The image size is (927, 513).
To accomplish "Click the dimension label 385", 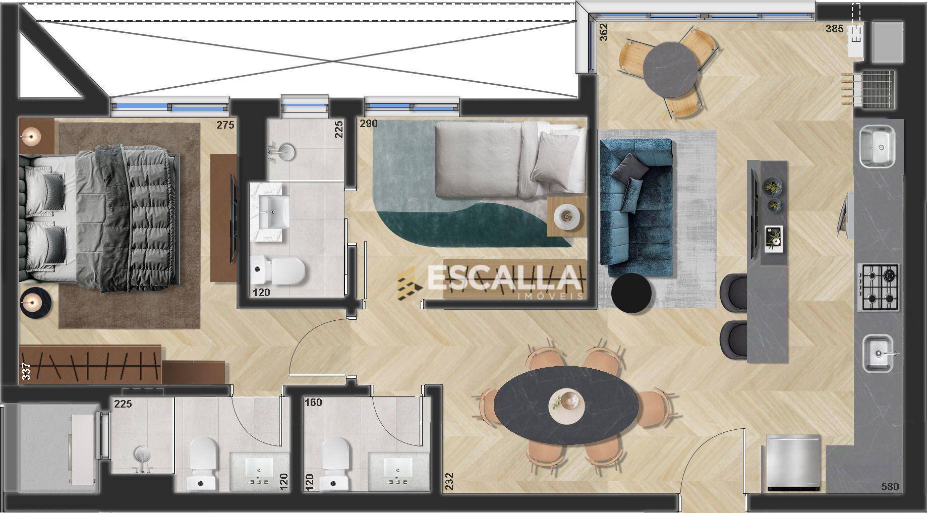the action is click(x=834, y=29).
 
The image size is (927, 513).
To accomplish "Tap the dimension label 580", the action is click(x=890, y=487).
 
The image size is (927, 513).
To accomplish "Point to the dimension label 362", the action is click(x=604, y=32).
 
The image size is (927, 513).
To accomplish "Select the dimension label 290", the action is click(x=368, y=124).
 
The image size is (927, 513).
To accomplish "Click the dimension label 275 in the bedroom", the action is click(x=225, y=125).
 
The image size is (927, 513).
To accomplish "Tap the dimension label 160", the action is click(x=313, y=403).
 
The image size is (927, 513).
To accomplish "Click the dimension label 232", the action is click(x=449, y=481).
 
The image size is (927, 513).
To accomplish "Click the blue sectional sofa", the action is click(x=636, y=207).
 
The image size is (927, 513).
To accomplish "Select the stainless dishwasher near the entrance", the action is click(x=793, y=463).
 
